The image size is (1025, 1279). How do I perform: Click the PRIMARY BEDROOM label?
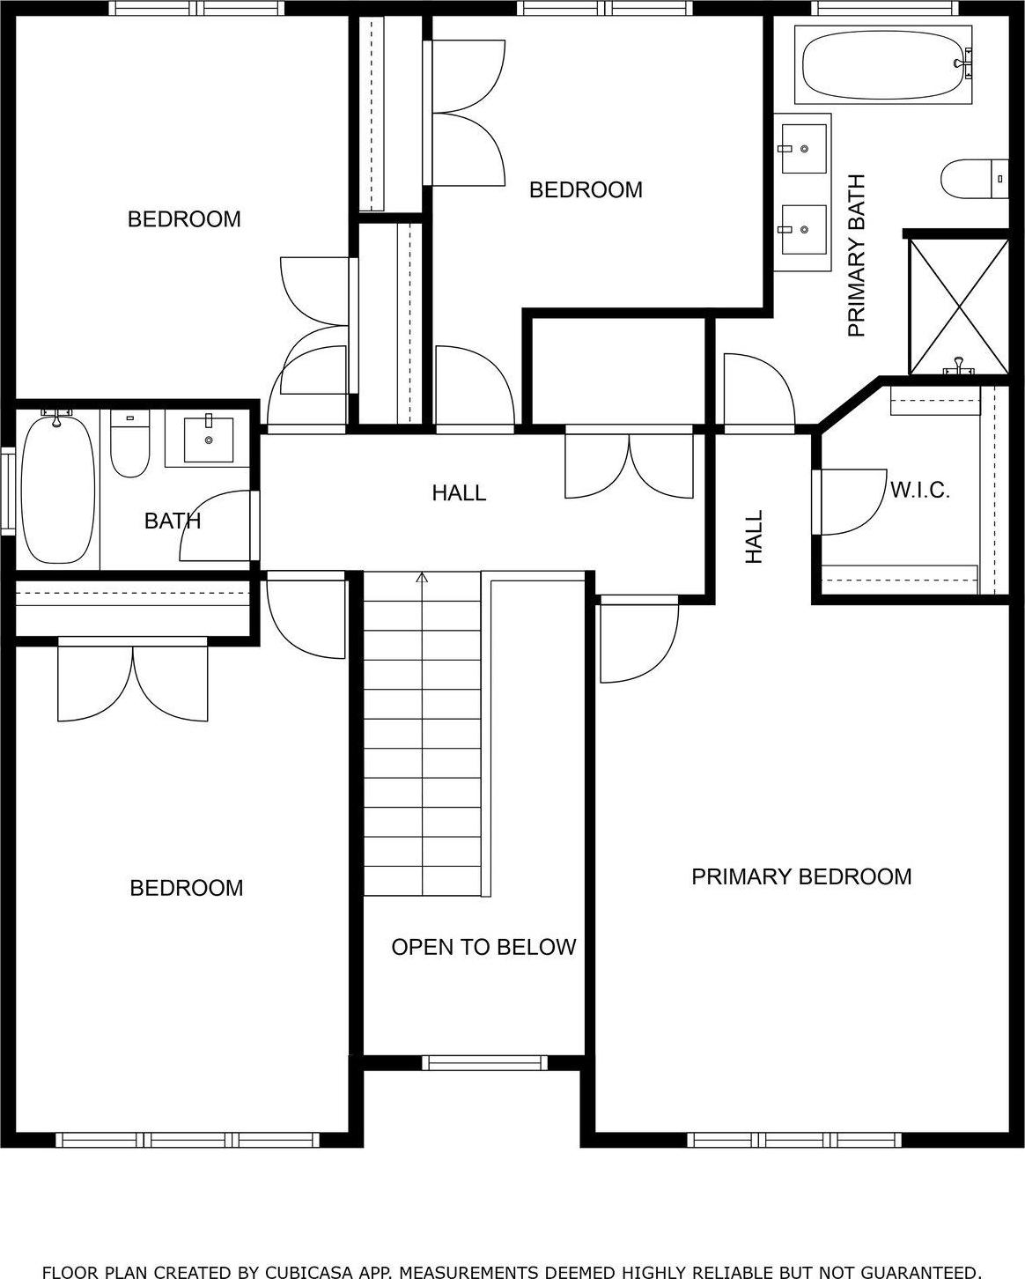800,876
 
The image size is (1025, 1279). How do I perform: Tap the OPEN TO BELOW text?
483,947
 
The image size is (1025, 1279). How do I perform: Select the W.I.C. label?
920,491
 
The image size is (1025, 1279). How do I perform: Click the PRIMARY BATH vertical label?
857,255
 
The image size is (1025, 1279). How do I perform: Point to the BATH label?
173,521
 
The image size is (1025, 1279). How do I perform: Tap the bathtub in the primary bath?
882,63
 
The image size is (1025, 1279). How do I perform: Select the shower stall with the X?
958,305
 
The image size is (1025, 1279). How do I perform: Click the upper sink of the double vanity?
803,149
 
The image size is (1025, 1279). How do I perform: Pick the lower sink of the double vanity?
803,229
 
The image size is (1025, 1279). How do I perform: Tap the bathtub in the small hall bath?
57,491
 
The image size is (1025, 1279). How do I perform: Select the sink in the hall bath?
209,440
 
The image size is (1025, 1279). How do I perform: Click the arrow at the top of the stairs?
422,579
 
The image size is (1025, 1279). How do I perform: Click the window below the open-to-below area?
484,1062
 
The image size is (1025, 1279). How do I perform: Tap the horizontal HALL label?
459,493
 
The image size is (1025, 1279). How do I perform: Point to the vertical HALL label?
755,537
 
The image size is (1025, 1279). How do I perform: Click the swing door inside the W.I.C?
849,502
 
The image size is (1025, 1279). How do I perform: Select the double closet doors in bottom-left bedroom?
133,684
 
